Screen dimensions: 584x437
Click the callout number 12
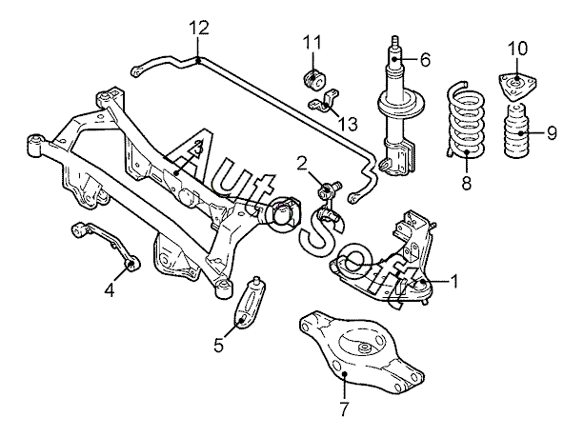(x=199, y=28)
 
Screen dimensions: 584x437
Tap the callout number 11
(x=312, y=43)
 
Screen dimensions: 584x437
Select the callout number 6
(x=425, y=60)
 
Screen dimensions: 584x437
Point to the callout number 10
(x=517, y=49)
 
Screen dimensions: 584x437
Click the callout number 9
(x=552, y=133)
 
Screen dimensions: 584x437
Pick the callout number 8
(x=466, y=183)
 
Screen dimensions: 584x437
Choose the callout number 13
(x=348, y=124)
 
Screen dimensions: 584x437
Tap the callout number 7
(x=344, y=409)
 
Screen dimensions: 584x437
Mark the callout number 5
(x=218, y=345)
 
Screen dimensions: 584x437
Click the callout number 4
(x=110, y=290)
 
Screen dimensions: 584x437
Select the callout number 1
(x=454, y=282)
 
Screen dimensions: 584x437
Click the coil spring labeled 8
(x=466, y=121)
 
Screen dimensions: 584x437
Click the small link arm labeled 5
(x=249, y=303)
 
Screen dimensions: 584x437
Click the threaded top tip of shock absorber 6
(x=394, y=39)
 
